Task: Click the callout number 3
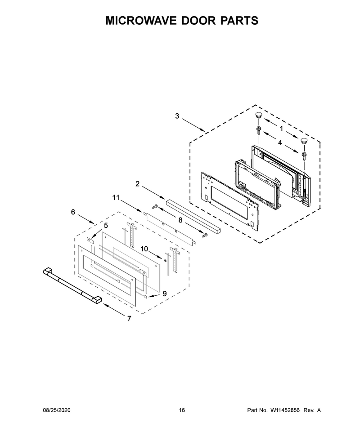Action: [x=177, y=116]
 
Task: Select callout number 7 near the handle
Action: [x=129, y=319]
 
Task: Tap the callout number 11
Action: [x=116, y=197]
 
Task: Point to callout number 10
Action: [x=144, y=249]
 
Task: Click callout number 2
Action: [x=138, y=184]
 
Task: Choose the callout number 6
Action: [x=73, y=212]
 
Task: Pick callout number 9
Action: [x=165, y=294]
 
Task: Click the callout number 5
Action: [x=106, y=226]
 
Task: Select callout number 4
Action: [x=280, y=142]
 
